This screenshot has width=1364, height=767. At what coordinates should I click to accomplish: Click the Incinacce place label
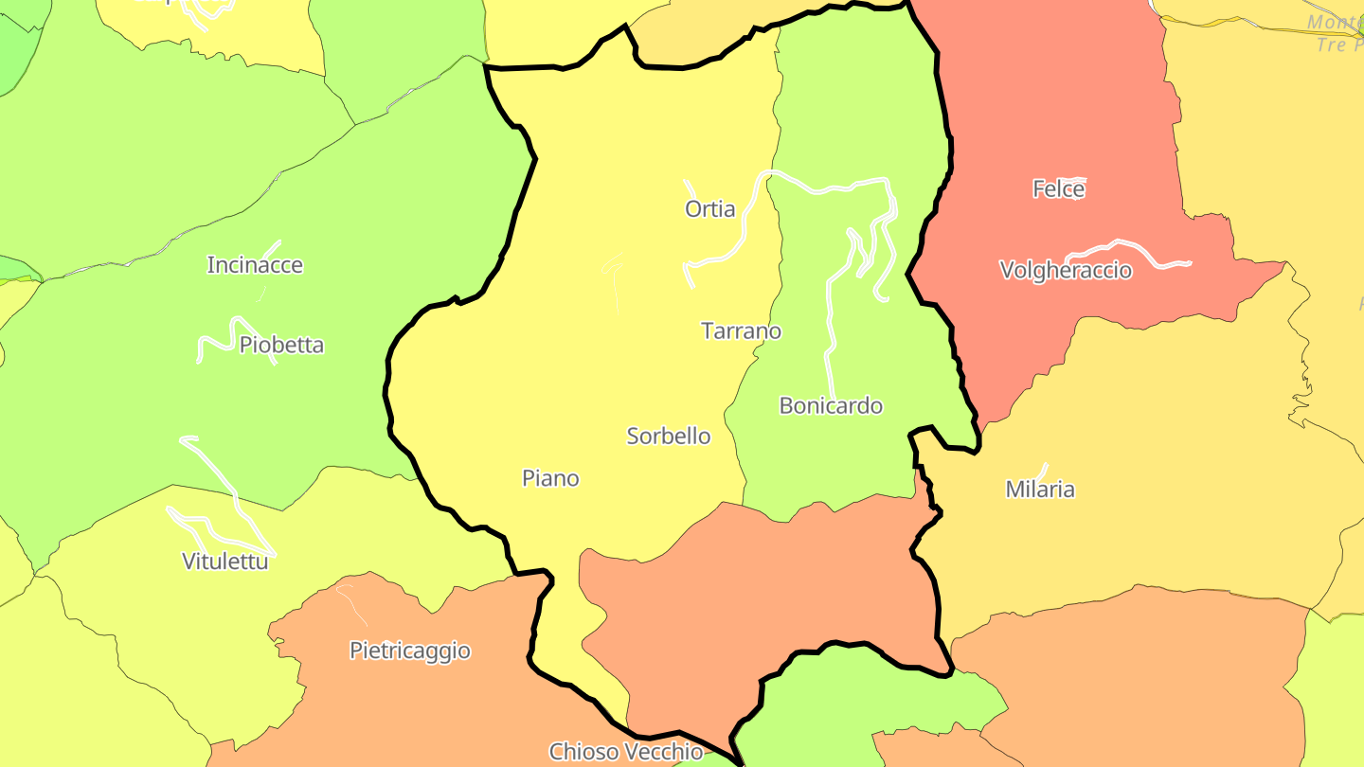coord(255,265)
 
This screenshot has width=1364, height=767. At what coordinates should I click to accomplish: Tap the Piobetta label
coord(281,345)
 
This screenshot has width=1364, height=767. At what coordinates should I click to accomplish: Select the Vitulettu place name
coord(225,562)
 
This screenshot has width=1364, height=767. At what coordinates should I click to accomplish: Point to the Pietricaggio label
coord(409,651)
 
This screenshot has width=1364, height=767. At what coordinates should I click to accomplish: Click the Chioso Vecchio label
coord(626,752)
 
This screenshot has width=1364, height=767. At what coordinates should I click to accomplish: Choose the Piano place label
coord(550,478)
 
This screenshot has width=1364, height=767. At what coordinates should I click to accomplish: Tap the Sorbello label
coord(669,436)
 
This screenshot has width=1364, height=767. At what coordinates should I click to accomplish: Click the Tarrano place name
coord(741,330)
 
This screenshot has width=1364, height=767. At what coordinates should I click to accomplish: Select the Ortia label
coord(709,209)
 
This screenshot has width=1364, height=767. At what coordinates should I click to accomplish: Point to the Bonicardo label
coord(831,405)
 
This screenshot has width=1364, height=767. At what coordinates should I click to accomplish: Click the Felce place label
coord(1058,189)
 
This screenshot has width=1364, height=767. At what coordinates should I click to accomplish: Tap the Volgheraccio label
coord(1066,271)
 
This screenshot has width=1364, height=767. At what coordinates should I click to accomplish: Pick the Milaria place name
coord(1040,490)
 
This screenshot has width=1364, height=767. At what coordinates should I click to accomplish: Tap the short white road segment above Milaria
coord(1043,471)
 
